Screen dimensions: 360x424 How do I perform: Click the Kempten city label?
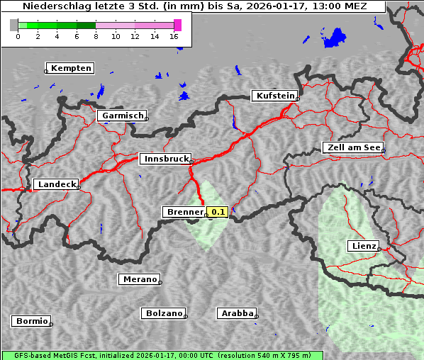click(x=71, y=68)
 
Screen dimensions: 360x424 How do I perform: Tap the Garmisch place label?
click(x=122, y=115)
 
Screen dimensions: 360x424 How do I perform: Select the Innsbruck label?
click(x=164, y=159)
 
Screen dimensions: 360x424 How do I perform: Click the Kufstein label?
click(x=274, y=96)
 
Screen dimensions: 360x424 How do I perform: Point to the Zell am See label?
click(x=353, y=147)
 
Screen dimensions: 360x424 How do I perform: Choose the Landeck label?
click(x=55, y=184)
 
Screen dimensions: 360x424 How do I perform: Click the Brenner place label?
click(x=184, y=212)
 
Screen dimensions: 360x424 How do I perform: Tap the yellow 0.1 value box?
click(x=217, y=212)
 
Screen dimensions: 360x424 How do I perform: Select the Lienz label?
click(x=362, y=246)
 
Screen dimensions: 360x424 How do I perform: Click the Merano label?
click(x=138, y=279)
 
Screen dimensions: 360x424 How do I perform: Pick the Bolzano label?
click(x=163, y=313)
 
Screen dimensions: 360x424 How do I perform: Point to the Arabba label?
click(x=236, y=313)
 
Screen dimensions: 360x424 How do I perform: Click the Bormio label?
click(x=31, y=321)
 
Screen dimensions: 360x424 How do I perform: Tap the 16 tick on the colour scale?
click(x=174, y=36)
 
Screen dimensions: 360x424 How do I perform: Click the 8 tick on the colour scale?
click(x=95, y=36)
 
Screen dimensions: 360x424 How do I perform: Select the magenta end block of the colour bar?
click(x=177, y=25)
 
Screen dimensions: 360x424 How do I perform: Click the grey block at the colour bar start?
click(x=13, y=25)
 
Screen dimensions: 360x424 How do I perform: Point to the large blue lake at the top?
click(x=333, y=38)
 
